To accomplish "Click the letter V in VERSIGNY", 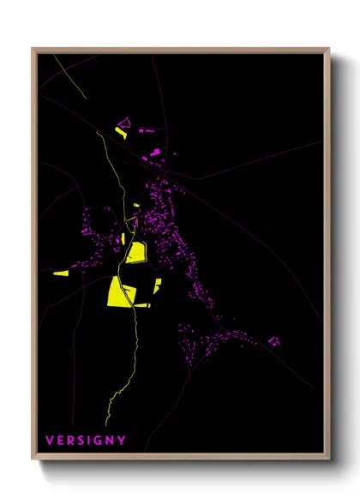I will [50, 440].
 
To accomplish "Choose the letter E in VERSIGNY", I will [60, 440].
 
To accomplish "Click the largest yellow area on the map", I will [118, 291].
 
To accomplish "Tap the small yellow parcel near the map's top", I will [121, 133].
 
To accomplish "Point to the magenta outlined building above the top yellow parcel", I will [122, 123].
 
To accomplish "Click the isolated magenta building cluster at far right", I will [274, 341].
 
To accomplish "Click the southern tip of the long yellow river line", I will [105, 423].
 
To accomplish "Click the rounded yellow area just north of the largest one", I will [135, 253].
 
